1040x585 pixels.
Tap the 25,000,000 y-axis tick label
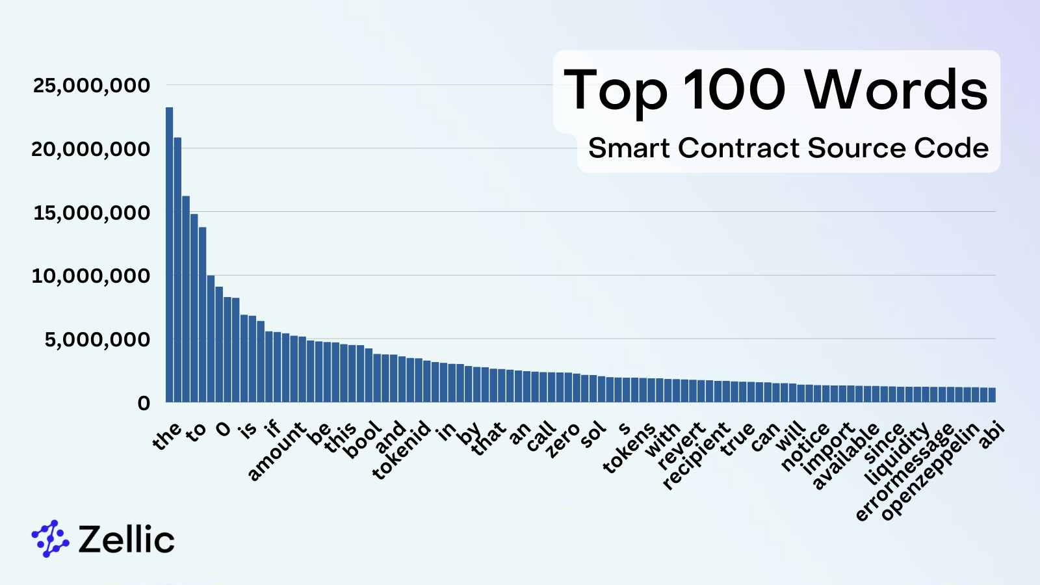click(x=91, y=85)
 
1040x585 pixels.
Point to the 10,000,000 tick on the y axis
click(x=91, y=276)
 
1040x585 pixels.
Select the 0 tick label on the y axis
click(x=144, y=403)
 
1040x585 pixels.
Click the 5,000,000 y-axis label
click(x=97, y=339)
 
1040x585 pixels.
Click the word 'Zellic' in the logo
click(x=126, y=539)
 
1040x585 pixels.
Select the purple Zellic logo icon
click(x=50, y=539)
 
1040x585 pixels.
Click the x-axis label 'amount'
click(x=276, y=451)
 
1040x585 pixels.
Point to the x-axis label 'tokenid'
click(x=402, y=450)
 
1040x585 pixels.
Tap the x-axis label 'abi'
click(x=992, y=435)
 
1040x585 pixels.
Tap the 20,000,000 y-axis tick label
click(x=91, y=149)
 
